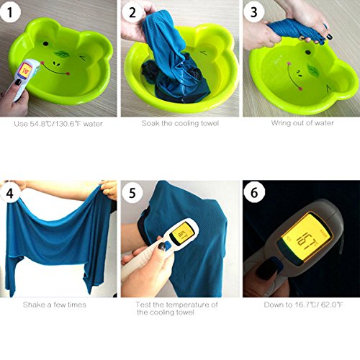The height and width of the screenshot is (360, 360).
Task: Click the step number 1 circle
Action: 10,12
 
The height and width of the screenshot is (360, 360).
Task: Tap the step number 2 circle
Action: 132,12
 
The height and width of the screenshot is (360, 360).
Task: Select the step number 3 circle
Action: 254,12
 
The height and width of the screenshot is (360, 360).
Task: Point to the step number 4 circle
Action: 10,193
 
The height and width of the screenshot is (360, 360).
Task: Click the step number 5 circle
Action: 132,193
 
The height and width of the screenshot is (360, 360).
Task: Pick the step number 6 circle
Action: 254,192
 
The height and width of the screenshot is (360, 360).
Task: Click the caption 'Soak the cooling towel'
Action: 180,123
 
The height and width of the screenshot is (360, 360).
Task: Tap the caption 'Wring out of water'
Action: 302,123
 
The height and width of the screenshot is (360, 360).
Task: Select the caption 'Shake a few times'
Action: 55,305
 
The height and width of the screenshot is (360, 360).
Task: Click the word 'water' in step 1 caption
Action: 93,124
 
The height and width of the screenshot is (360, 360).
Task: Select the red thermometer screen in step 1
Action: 26,69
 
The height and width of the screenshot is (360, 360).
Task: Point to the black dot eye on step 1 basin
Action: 45,44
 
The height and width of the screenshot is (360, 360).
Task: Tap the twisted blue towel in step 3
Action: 296,30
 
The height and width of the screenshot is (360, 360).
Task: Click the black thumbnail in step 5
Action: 162,246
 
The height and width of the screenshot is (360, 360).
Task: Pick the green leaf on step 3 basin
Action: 312,71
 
